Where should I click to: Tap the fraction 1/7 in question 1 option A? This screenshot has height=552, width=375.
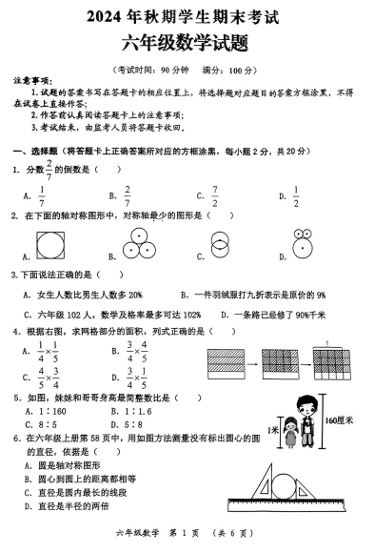coord(42,195)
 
